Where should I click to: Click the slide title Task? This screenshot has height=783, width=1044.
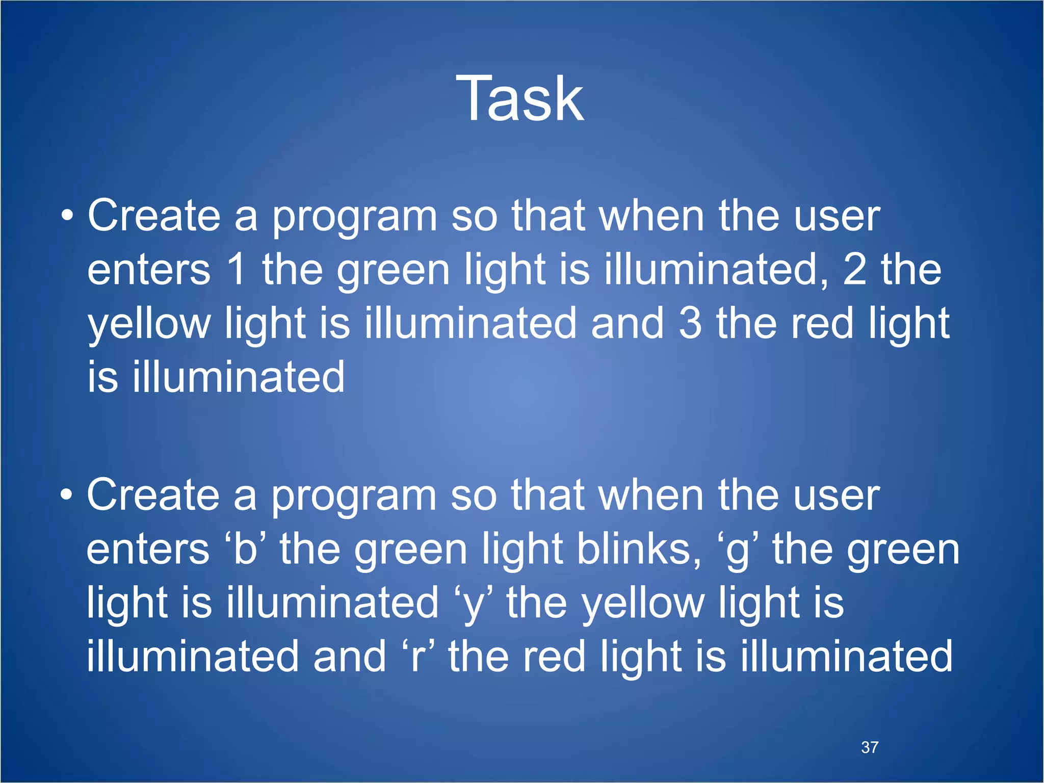coord(520,98)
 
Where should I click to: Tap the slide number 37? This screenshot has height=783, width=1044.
coord(870,747)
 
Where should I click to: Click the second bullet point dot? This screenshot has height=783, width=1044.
coord(66,494)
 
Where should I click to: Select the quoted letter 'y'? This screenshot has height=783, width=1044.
coord(473,605)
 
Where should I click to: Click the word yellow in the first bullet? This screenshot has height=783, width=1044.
coord(149,324)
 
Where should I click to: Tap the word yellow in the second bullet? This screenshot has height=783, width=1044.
coord(643,605)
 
